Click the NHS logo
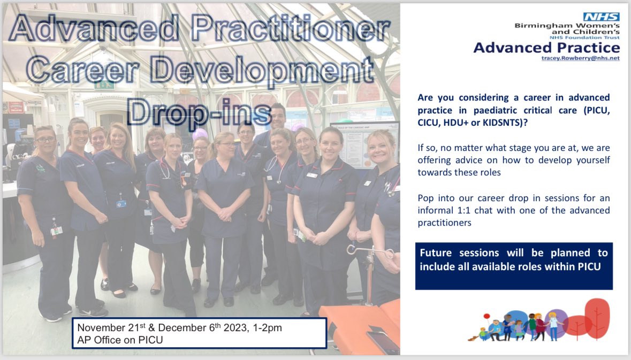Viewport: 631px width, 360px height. pyautogui.click(x=601, y=17)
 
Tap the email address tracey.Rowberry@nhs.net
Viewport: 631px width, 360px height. pyautogui.click(x=580, y=58)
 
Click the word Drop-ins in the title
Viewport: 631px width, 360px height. pyautogui.click(x=199, y=113)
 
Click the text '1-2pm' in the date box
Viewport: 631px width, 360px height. pyautogui.click(x=267, y=328)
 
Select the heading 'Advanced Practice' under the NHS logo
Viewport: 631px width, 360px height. pyautogui.click(x=546, y=48)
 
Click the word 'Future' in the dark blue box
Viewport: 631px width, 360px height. pyautogui.click(x=436, y=253)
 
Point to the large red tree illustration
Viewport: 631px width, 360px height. pyautogui.click(x=597, y=318)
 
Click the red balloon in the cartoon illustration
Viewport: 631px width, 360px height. pyautogui.click(x=486, y=316)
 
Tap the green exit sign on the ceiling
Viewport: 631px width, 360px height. pyautogui.click(x=104, y=85)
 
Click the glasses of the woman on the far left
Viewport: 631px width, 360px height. pyautogui.click(x=45, y=140)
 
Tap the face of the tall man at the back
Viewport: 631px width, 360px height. pyautogui.click(x=278, y=117)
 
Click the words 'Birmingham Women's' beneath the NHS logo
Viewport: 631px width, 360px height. pyautogui.click(x=567, y=25)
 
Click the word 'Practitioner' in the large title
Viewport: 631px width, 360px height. pyautogui.click(x=290, y=28)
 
